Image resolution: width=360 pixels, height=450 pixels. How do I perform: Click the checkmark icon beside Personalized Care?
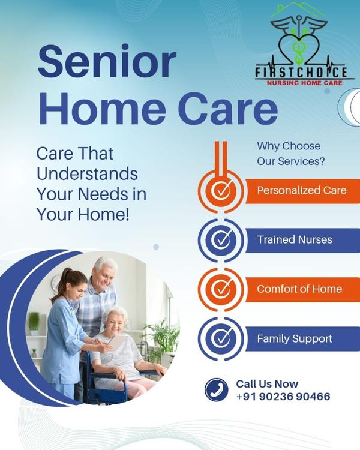[221, 191]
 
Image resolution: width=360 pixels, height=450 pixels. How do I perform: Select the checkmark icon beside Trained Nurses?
[221, 240]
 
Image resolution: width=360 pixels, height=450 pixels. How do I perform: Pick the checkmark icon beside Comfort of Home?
[221, 289]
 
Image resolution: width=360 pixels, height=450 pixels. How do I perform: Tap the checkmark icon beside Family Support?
[221, 339]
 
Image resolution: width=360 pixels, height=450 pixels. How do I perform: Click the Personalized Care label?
[301, 190]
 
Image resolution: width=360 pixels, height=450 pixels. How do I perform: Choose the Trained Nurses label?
[295, 239]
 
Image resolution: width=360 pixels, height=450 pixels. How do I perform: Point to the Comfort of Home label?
[299, 289]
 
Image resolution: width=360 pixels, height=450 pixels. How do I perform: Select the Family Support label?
[294, 338]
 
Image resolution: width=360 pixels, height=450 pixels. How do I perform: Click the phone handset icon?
[216, 389]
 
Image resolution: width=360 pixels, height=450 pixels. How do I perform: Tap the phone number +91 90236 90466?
[283, 397]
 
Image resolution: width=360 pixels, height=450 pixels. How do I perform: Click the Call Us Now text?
[267, 383]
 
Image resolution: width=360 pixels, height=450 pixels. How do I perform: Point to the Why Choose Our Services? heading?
[291, 154]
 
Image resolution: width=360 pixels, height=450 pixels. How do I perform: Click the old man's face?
[104, 274]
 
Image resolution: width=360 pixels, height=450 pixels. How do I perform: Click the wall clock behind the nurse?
[56, 283]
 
